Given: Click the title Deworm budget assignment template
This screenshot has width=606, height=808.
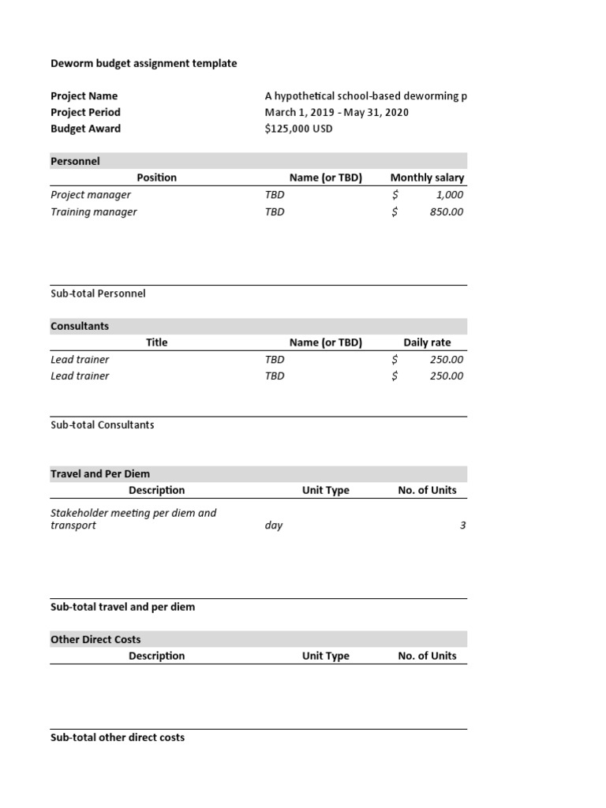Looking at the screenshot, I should point(144,63).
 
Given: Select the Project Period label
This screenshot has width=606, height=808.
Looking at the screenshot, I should point(85,112).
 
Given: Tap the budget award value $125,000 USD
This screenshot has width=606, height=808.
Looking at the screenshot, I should point(298,129).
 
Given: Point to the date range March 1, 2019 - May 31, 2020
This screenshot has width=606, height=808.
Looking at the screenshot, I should point(337,112).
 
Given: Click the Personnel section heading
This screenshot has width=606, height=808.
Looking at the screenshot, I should point(75,161).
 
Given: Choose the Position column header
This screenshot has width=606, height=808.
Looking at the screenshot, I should point(156,178).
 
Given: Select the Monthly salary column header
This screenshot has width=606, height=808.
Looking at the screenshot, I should point(427,178).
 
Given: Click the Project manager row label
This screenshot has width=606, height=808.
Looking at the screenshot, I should point(91,195).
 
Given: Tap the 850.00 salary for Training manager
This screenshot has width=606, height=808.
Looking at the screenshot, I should point(447,211).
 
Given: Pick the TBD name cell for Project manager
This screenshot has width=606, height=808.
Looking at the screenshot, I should point(275,195).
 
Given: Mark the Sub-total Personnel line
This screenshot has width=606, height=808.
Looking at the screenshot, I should point(98,294).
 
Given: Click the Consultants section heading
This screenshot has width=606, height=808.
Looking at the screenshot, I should point(80,326).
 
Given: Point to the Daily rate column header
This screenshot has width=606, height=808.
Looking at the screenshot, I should point(427,342).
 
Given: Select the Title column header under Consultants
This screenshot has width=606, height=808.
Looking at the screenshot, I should point(156,342).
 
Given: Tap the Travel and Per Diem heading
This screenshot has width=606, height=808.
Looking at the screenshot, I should point(100,473).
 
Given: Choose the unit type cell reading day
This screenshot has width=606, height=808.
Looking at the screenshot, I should point(274,526).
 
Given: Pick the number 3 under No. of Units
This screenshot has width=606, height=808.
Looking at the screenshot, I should point(462,526).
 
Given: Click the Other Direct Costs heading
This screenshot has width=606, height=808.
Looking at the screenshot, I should point(95,639).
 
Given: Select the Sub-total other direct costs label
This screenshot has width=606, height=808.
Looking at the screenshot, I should point(118,737).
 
